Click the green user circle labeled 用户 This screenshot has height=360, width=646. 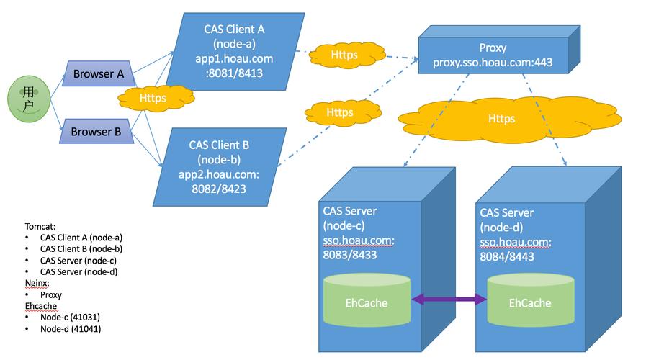pos(28,99)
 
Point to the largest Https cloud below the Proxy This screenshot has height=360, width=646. pos(501,118)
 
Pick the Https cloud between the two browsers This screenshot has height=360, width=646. pos(152,98)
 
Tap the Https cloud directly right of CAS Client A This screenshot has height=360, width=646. pos(344,54)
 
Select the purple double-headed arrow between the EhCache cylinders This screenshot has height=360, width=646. pos(449,300)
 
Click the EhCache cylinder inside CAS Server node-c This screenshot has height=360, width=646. pos(367,302)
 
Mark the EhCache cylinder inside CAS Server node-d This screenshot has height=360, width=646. pos(530,302)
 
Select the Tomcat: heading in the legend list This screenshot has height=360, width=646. pos(40,225)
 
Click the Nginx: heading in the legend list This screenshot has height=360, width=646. pos(39,283)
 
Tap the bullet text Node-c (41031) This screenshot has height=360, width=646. pos(71,318)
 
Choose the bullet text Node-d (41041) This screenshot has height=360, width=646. pos(71,329)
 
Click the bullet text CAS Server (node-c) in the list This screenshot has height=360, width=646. pos(78,260)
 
